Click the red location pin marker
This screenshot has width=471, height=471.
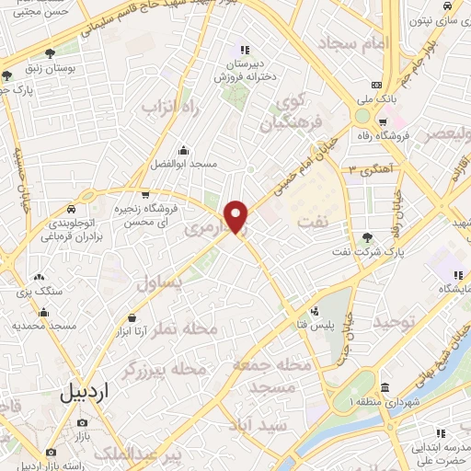[x=237, y=216]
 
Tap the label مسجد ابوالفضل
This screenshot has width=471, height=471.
[x=185, y=164]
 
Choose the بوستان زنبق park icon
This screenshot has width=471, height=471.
[x=47, y=54]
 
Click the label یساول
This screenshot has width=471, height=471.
[x=161, y=285]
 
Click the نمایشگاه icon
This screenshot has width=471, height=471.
[x=457, y=276]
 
